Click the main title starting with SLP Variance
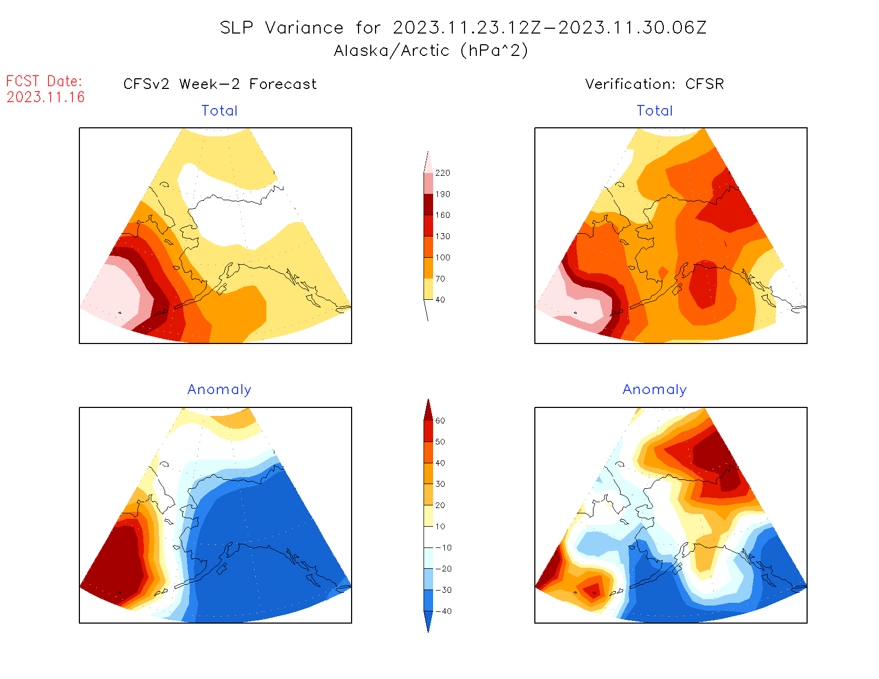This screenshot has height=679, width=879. coord(463,28)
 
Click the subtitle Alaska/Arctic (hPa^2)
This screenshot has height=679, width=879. coord(431,51)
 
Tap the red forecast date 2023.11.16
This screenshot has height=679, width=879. coord(46,97)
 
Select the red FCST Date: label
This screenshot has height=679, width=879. coord(44,81)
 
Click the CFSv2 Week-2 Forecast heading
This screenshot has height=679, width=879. coord(219,84)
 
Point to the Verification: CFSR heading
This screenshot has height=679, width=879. coord(654,84)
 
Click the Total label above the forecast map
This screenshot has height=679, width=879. coord(219,111)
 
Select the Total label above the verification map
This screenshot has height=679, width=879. coord(655,111)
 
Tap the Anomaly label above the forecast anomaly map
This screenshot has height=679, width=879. coord(219,390)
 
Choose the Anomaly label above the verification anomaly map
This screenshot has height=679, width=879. coord(655,390)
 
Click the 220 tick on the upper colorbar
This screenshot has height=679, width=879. coord(442,173)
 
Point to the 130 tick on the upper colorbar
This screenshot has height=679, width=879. coord(442,236)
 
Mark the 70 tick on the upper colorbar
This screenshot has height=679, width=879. coord(440,279)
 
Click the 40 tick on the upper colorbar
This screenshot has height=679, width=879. coord(440,300)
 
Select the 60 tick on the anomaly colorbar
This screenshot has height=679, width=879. coord(440,421)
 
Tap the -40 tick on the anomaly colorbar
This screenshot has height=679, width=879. coord(443,611)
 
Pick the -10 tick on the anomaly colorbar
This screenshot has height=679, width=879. coord(443,547)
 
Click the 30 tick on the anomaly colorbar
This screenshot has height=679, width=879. coord(440,484)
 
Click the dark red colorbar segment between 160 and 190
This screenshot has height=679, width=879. coord(428,204)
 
